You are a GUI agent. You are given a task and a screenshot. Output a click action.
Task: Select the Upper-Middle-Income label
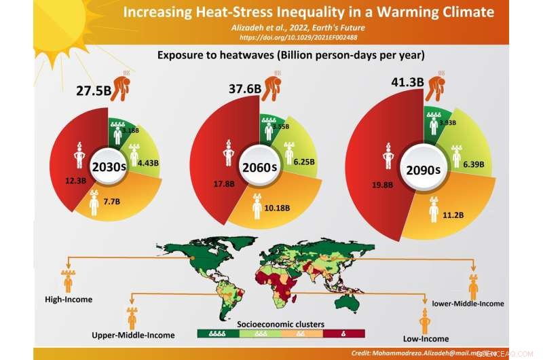[133, 335]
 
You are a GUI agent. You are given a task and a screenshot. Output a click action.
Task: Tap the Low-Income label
[426, 338]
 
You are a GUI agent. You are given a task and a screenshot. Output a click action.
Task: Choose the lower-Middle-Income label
[468, 304]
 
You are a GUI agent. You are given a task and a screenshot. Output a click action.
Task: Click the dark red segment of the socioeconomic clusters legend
[345, 334]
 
